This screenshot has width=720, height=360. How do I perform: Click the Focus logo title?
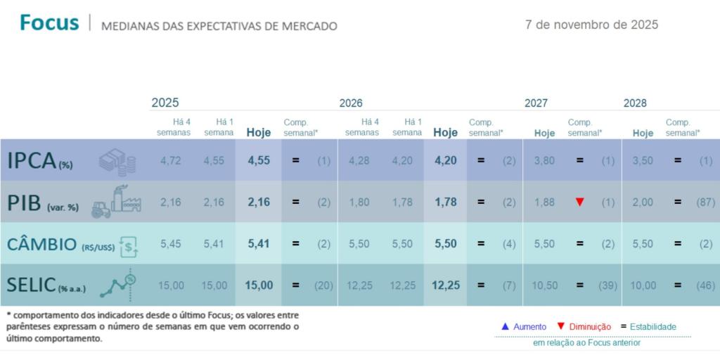[x=49, y=22]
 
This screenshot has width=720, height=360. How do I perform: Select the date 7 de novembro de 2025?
[x=591, y=25]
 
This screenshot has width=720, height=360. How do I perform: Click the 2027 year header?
[x=536, y=103]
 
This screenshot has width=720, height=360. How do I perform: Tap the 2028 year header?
[x=635, y=103]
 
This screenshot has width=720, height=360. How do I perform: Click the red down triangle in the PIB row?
[x=579, y=202]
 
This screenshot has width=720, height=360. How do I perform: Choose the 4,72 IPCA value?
[x=171, y=160]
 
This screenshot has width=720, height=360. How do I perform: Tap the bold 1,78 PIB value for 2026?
[x=446, y=202]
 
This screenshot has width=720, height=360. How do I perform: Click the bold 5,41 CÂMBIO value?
[x=259, y=244]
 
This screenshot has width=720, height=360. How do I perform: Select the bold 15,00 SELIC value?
[x=259, y=285]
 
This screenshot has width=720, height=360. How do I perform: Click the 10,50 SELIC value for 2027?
[x=544, y=285]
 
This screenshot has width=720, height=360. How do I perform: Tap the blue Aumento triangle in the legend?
[x=504, y=326]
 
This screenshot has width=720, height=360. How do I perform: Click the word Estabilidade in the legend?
[x=652, y=327]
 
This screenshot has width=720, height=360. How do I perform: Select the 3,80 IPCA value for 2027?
[x=544, y=160]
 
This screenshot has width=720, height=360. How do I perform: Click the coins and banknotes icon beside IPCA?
[x=117, y=162]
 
